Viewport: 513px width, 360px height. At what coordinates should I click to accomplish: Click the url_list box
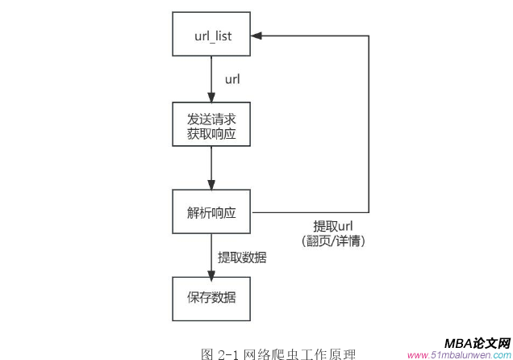tap(211, 35)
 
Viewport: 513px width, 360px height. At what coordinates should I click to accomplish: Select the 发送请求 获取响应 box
tap(211, 123)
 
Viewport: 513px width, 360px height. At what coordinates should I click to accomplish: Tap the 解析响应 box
tap(211, 212)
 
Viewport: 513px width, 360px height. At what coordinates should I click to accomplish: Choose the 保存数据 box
tap(211, 299)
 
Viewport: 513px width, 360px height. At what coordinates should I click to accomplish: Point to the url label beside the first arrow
tap(232, 79)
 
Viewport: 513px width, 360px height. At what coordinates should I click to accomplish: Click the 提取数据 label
tap(242, 257)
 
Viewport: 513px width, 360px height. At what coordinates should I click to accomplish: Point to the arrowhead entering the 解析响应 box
tap(211, 185)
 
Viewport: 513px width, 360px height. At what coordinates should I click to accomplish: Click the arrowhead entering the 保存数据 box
tap(211, 272)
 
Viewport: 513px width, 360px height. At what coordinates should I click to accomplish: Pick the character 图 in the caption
tap(206, 354)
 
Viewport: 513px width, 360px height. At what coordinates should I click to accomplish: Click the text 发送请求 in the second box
tap(211, 116)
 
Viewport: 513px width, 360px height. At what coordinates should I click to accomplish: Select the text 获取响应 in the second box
tap(211, 132)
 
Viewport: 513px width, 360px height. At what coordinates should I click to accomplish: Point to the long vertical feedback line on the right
tap(369, 121)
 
